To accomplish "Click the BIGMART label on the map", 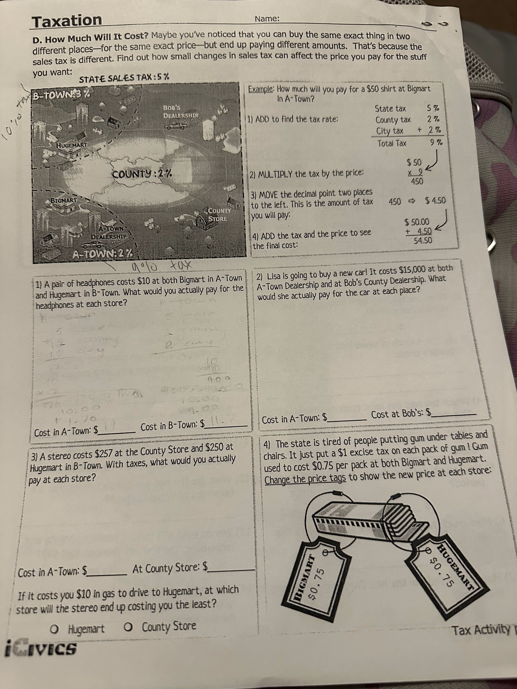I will (x=64, y=200).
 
